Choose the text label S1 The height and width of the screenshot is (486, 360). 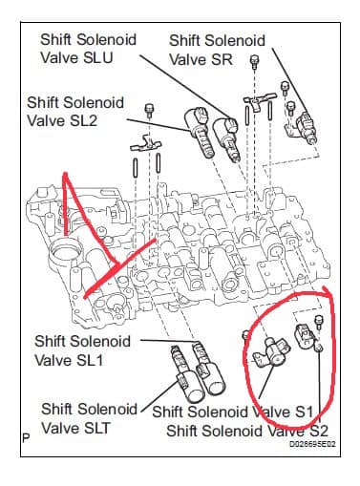[x=304, y=412]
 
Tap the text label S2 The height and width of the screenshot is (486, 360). [x=317, y=431]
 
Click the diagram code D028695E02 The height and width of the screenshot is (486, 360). [x=312, y=444]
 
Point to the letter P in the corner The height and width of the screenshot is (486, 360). [x=26, y=438]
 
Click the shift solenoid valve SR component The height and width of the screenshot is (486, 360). [x=307, y=128]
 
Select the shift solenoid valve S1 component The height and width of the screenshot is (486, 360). [x=272, y=351]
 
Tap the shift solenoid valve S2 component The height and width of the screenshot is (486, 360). [x=304, y=338]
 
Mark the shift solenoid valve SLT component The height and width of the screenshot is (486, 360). [x=186, y=375]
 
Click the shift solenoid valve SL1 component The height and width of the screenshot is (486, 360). [x=208, y=367]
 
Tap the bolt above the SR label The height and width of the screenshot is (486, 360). [x=255, y=61]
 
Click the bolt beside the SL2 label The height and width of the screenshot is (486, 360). [x=149, y=110]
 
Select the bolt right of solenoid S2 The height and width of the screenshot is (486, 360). [x=319, y=322]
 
